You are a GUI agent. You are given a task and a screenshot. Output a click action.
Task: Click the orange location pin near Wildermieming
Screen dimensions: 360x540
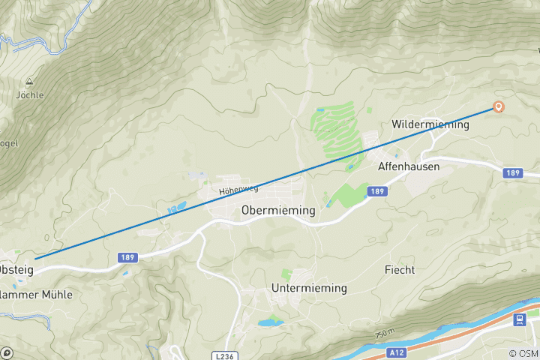[x=498, y=106]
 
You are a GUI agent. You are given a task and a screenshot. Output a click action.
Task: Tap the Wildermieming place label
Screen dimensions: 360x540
[x=430, y=124]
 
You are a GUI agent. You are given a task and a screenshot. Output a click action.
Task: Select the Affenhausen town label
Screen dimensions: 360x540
[x=409, y=166]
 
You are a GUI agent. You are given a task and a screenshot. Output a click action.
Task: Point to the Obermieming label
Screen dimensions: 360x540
[x=278, y=211]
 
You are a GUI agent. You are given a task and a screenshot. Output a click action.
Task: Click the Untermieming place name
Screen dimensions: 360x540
[x=310, y=288]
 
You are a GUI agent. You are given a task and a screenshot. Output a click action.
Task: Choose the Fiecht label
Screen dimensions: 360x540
[x=399, y=269]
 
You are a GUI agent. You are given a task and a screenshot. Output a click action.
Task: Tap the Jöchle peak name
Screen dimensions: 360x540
[x=30, y=95]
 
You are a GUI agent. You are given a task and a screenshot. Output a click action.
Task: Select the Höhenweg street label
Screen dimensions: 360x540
[x=233, y=191]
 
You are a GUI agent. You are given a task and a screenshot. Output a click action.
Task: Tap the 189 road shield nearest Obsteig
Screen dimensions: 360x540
[x=127, y=258]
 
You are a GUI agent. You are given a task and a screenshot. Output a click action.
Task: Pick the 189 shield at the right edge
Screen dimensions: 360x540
[x=513, y=173]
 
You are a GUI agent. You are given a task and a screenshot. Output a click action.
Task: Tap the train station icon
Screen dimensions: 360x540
[x=518, y=320]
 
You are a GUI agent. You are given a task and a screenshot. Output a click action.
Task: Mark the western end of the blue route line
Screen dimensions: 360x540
[x=35, y=259]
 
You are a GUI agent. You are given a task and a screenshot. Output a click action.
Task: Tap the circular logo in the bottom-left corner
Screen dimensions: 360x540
[x=7, y=352]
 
